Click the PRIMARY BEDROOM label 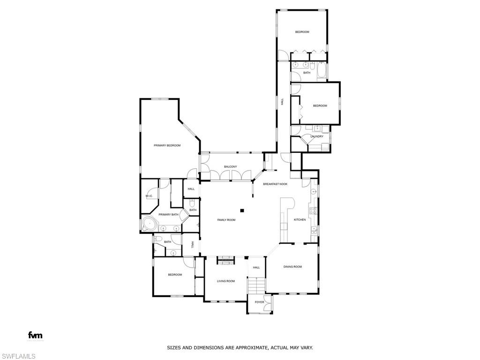pyautogui.click(x=167, y=145)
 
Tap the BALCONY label pyautogui.click(x=230, y=166)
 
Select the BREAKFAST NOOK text pyautogui.click(x=275, y=184)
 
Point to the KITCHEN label pyautogui.click(x=300, y=219)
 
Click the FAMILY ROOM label pyautogui.click(x=226, y=220)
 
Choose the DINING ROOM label pyautogui.click(x=292, y=267)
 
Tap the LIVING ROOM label pyautogui.click(x=225, y=281)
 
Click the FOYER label pyautogui.click(x=259, y=302)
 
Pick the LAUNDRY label pyautogui.click(x=317, y=136)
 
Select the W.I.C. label pyautogui.click(x=149, y=196)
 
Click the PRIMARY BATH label pyautogui.click(x=168, y=214)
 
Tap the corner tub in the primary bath pyautogui.click(x=149, y=224)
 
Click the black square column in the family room pyautogui.click(x=242, y=210)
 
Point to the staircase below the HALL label pyautogui.click(x=256, y=285)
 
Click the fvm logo pyautogui.click(x=35, y=335)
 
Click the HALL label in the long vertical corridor pyautogui.click(x=282, y=101)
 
